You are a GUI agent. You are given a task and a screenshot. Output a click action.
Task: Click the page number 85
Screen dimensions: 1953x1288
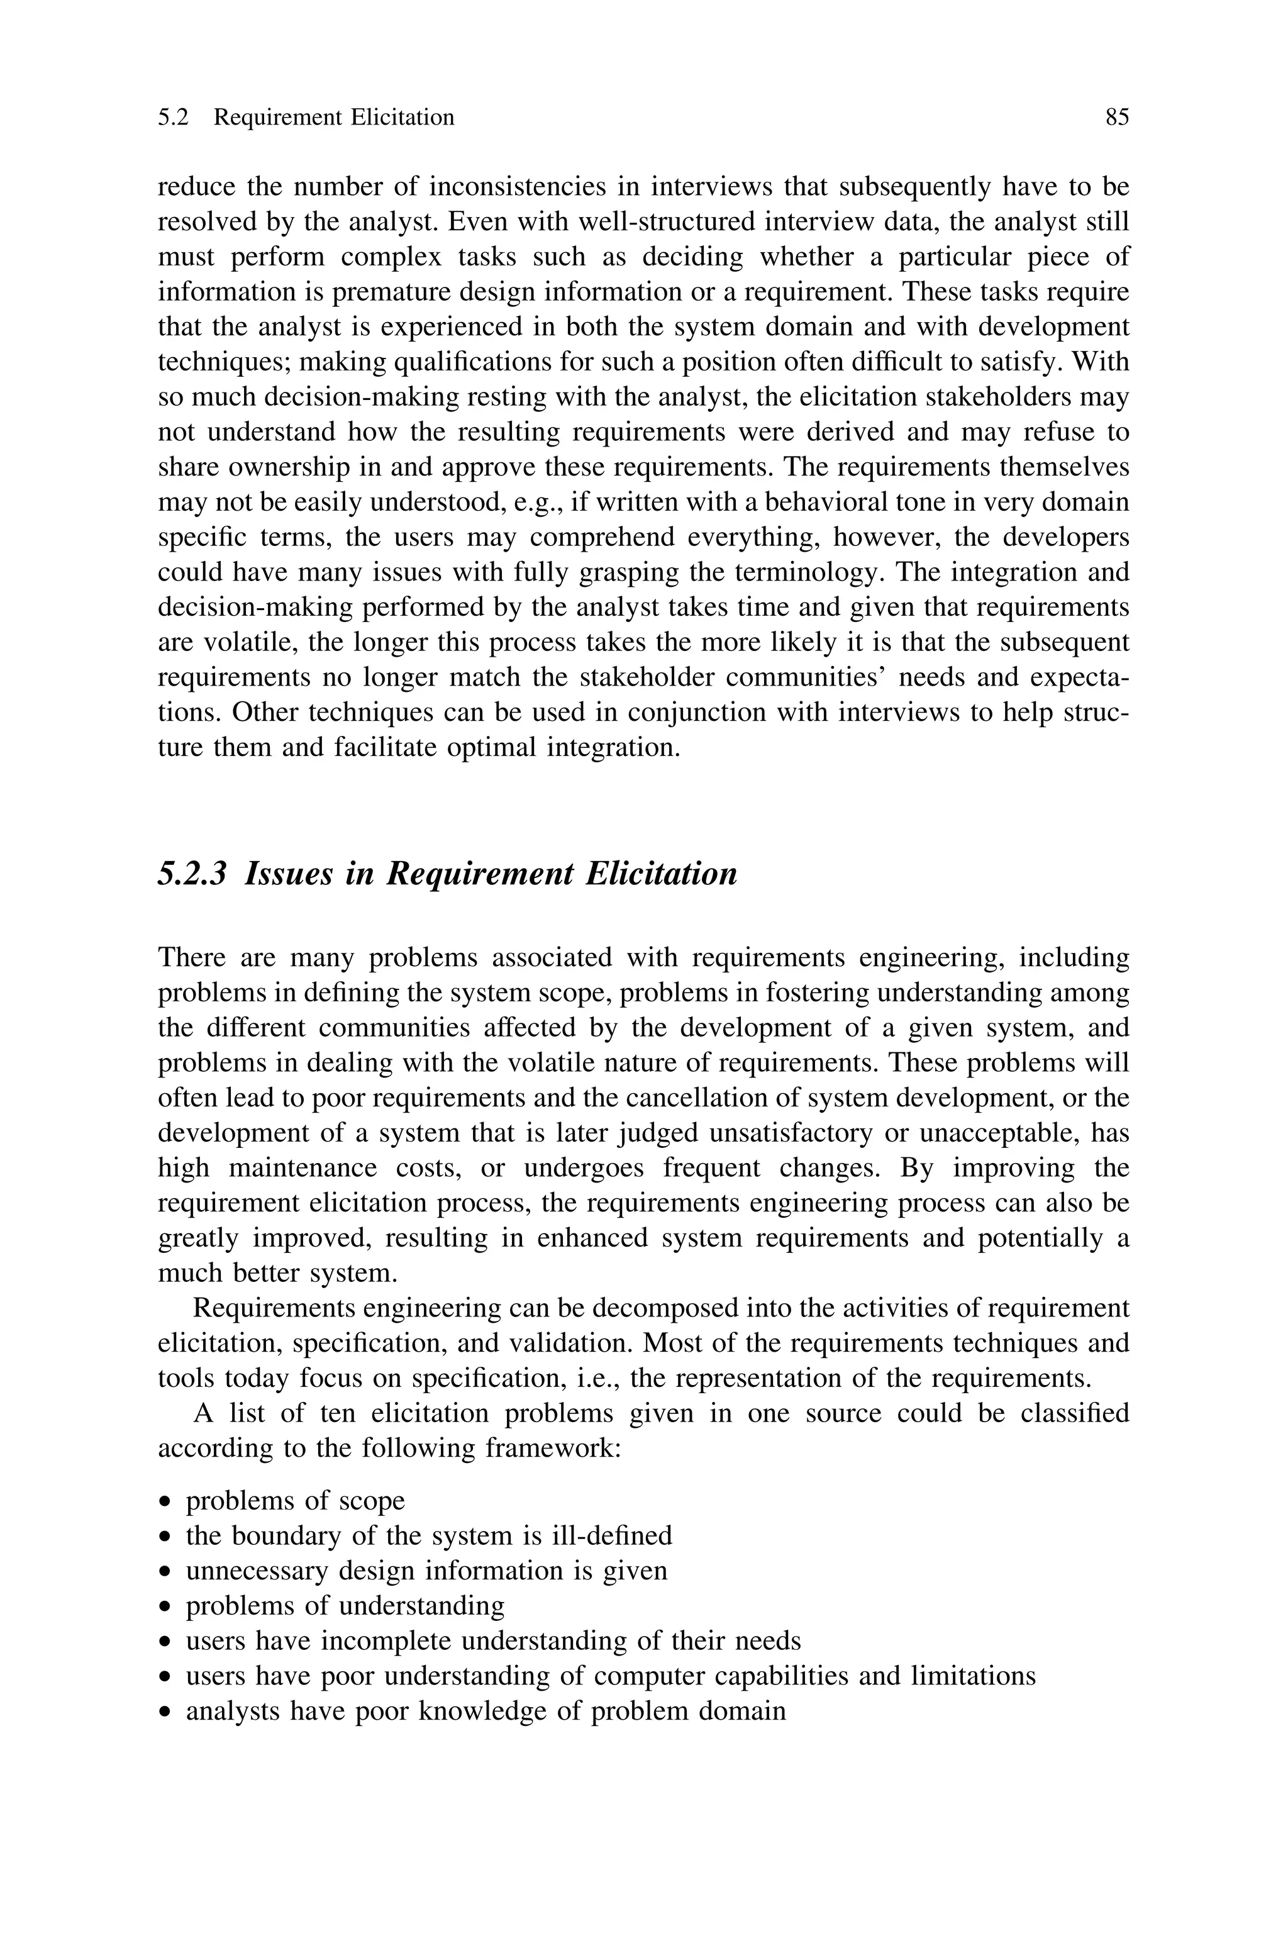[x=1117, y=118]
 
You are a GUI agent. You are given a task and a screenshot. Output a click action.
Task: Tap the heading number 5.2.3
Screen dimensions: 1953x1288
[x=191, y=874]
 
